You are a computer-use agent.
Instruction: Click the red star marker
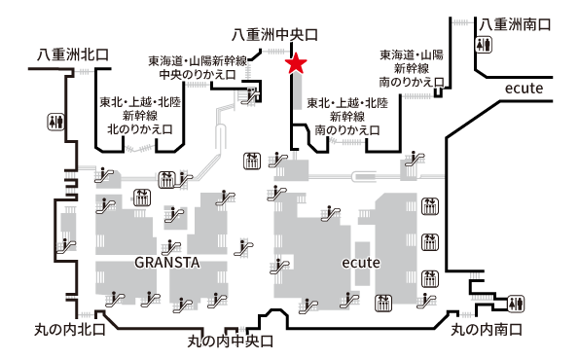tap(297, 64)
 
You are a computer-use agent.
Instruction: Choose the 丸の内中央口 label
tap(230, 342)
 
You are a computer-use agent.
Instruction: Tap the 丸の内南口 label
tap(487, 330)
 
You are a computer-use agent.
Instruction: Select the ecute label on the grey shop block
tap(360, 264)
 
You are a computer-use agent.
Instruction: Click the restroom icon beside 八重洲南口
tap(484, 45)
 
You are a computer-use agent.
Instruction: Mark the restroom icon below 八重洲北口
tap(54, 122)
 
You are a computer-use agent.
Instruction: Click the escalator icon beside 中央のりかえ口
tap(255, 94)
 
